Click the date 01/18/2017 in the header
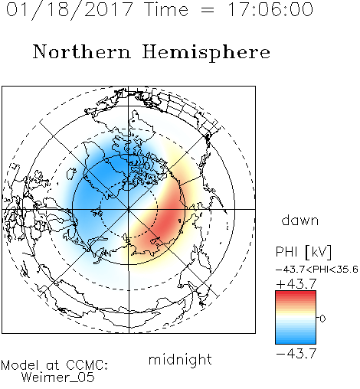click(x=69, y=9)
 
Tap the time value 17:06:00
click(x=270, y=9)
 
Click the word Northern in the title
click(x=82, y=51)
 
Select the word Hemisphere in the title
click(x=206, y=53)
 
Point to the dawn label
click(x=300, y=220)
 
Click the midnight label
click(x=180, y=359)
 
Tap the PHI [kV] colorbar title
click(x=303, y=252)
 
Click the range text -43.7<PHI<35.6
click(x=317, y=270)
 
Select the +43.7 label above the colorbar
click(x=296, y=284)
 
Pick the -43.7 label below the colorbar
click(x=296, y=354)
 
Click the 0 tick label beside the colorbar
click(x=322, y=319)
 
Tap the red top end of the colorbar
click(x=296, y=293)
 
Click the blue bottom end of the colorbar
click(x=296, y=342)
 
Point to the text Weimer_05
click(x=58, y=378)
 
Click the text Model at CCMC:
click(x=54, y=365)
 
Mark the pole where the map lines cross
click(x=129, y=209)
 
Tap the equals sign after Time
click(x=208, y=10)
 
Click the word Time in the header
click(x=166, y=9)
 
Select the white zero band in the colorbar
click(x=296, y=318)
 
